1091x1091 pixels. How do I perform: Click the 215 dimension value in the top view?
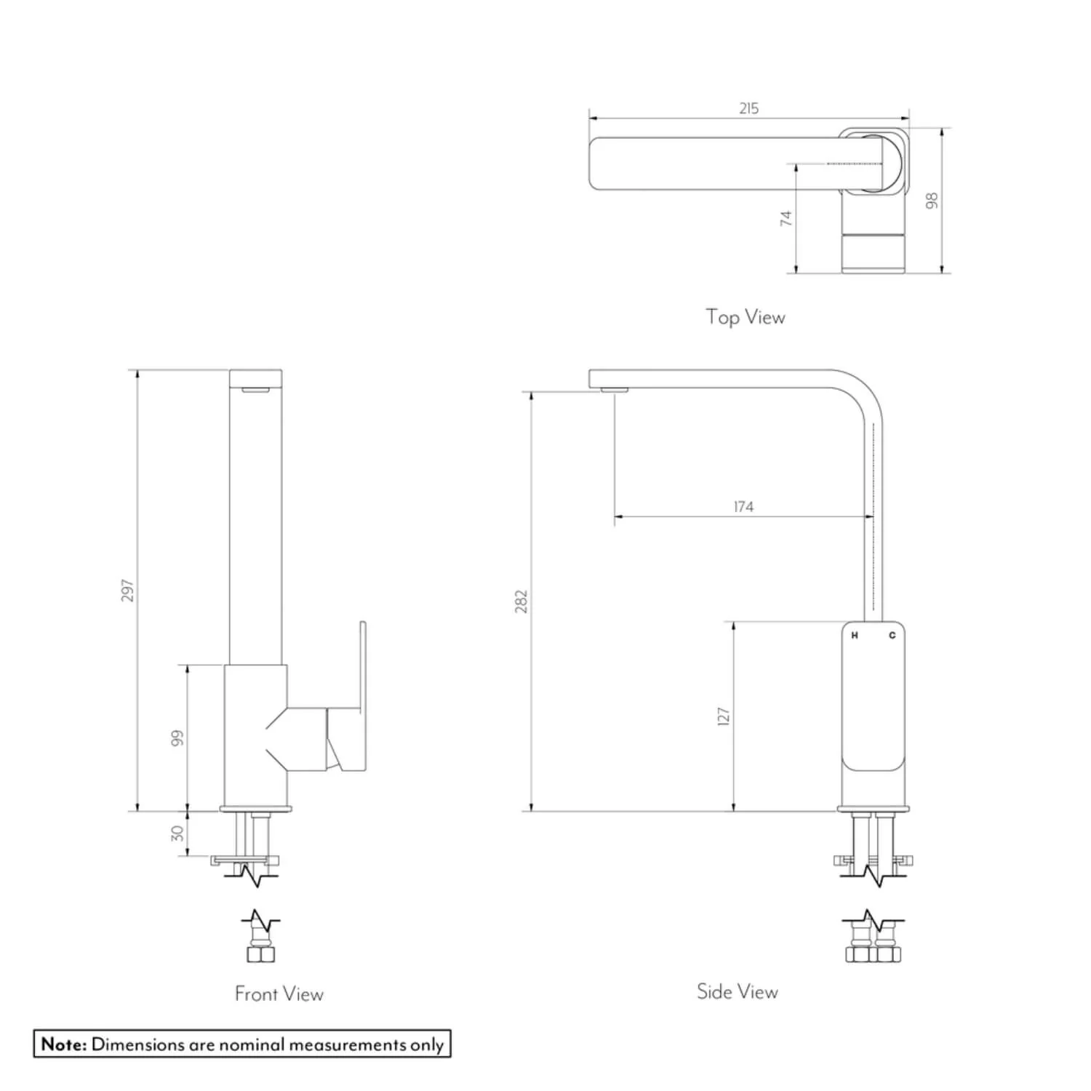[x=748, y=108]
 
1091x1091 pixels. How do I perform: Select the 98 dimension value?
[x=932, y=201]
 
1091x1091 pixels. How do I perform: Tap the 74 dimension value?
[x=786, y=218]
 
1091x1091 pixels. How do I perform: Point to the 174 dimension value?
[x=743, y=507]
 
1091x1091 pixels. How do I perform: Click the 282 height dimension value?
[x=521, y=602]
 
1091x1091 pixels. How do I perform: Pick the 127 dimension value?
[x=723, y=716]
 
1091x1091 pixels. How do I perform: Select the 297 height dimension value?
[x=127, y=591]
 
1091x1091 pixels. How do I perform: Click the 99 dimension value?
[x=177, y=738]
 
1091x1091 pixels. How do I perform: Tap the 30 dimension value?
[x=177, y=834]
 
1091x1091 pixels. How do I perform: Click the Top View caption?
[x=746, y=317]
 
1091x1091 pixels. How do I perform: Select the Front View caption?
[x=279, y=994]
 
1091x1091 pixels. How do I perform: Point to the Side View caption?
[x=737, y=992]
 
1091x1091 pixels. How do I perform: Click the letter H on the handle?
[x=855, y=636]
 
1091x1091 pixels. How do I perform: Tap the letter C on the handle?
[x=892, y=636]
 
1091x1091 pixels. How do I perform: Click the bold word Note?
[x=64, y=1044]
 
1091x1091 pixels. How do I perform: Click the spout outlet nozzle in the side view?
[x=615, y=391]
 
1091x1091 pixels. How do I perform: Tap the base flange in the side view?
[x=874, y=809]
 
